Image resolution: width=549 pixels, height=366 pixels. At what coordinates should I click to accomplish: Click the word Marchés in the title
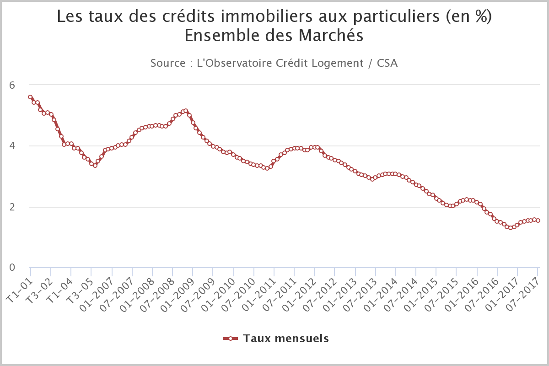click(331, 36)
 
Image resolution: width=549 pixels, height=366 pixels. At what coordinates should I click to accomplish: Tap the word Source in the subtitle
click(168, 63)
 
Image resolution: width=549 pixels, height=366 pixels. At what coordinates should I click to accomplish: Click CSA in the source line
click(387, 63)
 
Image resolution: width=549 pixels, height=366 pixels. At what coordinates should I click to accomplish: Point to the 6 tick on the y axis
click(12, 85)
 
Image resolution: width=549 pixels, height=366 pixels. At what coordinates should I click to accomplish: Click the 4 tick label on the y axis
click(12, 146)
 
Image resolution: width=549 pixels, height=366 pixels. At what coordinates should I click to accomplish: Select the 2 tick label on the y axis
click(12, 207)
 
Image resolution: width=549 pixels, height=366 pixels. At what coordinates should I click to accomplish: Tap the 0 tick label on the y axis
click(12, 268)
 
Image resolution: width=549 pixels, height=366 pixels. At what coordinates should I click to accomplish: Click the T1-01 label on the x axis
click(19, 291)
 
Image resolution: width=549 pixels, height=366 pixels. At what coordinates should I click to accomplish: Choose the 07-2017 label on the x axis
click(523, 295)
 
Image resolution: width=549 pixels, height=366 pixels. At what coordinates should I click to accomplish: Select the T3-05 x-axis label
click(80, 291)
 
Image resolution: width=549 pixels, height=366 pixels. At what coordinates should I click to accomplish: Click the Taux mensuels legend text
click(286, 339)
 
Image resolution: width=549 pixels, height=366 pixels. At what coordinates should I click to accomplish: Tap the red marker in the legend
click(231, 339)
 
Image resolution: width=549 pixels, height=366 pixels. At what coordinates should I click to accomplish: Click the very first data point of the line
click(30, 97)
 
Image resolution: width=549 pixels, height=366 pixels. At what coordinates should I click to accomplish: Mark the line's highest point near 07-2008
click(186, 111)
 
